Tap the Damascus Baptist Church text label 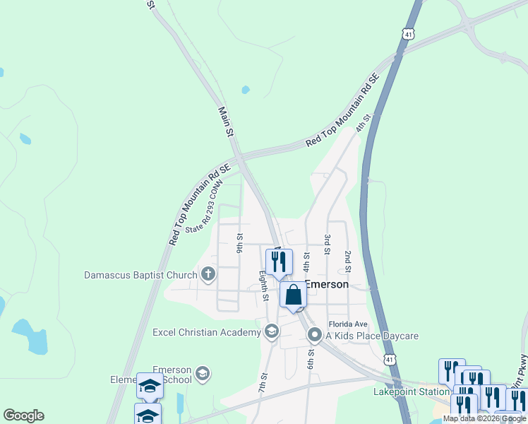(142, 274)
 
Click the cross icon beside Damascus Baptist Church (208, 273)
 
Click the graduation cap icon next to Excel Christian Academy (272, 331)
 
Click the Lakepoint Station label (412, 391)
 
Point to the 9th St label (240, 245)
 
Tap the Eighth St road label (263, 285)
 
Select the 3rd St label (328, 245)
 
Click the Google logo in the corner (23, 416)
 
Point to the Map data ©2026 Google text (485, 418)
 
